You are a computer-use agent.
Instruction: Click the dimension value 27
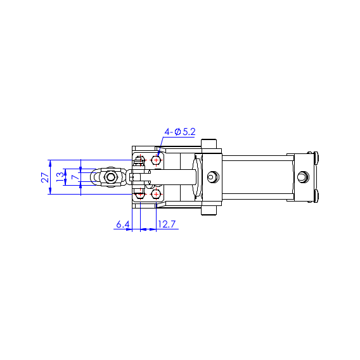pyautogui.click(x=45, y=177)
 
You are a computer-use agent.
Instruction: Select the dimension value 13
pyautogui.click(x=60, y=177)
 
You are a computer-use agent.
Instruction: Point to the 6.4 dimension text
pyautogui.click(x=123, y=224)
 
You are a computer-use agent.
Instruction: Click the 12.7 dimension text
pyautogui.click(x=167, y=224)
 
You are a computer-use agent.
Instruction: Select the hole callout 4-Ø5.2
pyautogui.click(x=180, y=132)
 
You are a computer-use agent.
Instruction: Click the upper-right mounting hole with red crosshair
pyautogui.click(x=156, y=160)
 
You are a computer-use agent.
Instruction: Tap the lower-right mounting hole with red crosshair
pyautogui.click(x=156, y=195)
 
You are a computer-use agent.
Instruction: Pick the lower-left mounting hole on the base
pyautogui.click(x=140, y=195)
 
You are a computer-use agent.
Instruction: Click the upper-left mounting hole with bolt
pyautogui.click(x=140, y=160)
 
